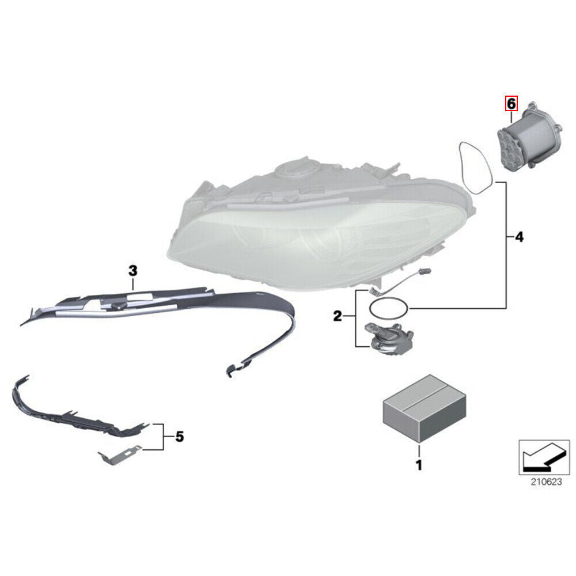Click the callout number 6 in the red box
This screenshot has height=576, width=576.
511,104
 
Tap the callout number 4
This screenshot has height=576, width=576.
520,237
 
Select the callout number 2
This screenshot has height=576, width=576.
337,316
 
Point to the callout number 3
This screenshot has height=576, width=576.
132,271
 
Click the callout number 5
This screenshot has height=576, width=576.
179,437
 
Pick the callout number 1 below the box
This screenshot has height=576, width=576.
419,465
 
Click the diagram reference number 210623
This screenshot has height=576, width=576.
546,482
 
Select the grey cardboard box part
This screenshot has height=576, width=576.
425,408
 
